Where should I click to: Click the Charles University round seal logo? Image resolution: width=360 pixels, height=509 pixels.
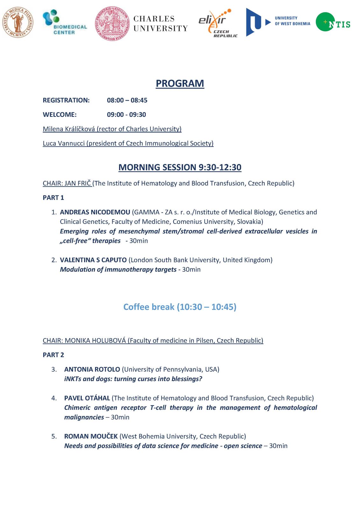coord(112,24)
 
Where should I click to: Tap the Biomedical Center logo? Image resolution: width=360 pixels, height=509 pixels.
coord(64,22)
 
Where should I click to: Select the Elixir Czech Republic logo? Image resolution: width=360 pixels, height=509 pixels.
coord(218,23)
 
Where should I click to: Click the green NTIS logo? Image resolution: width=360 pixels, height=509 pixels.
coord(333,22)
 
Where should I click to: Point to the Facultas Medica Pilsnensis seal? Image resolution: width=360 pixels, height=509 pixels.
coord(18,22)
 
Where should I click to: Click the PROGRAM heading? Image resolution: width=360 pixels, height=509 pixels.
coord(180,83)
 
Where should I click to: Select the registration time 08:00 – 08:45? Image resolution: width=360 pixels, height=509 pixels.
coord(127,100)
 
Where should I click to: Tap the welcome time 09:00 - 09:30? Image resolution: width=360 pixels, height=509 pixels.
coord(126,115)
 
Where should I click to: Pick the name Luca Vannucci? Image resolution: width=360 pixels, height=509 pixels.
coord(64,143)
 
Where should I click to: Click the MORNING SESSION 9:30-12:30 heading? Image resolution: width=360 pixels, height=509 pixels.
coord(180,167)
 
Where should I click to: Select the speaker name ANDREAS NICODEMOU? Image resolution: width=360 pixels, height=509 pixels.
coord(95,212)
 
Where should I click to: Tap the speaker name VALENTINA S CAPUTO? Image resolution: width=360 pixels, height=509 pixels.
coord(93,260)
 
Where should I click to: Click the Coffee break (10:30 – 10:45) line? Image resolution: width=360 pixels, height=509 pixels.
coord(180,307)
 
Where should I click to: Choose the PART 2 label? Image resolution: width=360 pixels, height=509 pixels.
coord(53,355)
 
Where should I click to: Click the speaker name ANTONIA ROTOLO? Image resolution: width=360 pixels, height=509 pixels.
coord(92,369)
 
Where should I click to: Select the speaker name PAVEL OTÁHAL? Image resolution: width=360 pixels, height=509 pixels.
coord(87,398)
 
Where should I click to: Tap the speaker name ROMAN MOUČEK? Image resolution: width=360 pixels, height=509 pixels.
coord(91,436)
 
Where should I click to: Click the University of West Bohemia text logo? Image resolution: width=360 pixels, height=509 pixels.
coord(292,21)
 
